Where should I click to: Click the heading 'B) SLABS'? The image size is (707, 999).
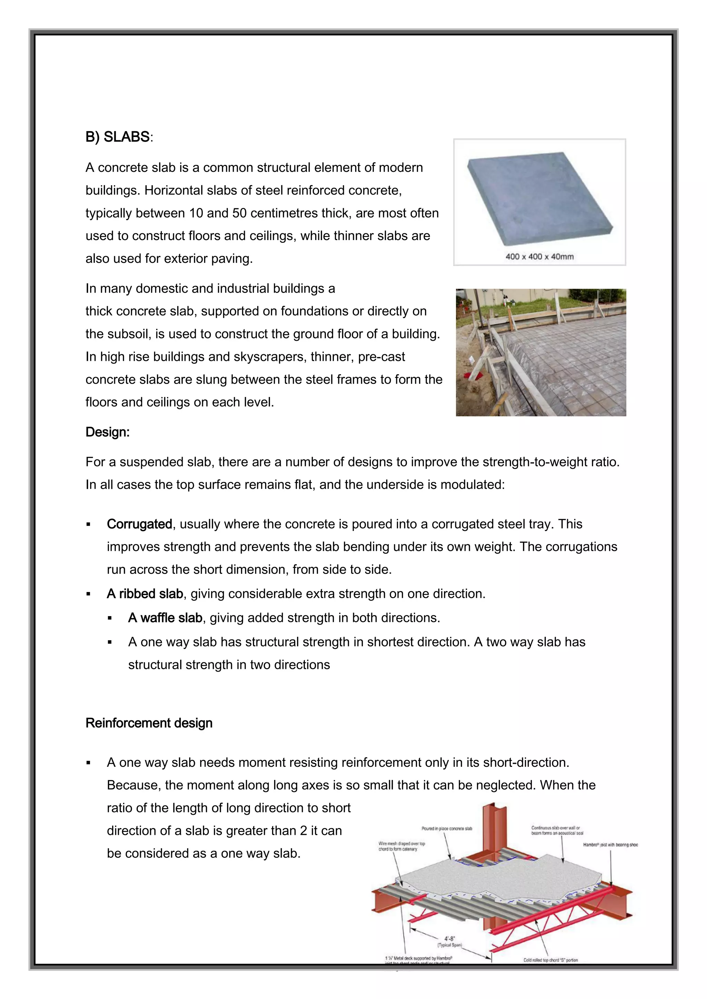117,137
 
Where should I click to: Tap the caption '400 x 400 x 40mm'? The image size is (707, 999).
539,257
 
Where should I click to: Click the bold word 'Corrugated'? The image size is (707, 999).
139,524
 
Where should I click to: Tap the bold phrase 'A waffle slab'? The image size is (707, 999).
165,618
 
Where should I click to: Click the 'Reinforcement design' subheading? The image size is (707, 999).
149,723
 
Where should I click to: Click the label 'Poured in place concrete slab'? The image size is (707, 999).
447,829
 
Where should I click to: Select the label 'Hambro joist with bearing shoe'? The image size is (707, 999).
610,844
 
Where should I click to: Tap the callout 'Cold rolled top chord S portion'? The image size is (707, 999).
550,960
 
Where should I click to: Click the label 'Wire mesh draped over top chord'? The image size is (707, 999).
401,846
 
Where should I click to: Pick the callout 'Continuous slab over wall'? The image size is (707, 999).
556,830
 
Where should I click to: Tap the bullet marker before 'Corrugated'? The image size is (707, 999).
88,524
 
